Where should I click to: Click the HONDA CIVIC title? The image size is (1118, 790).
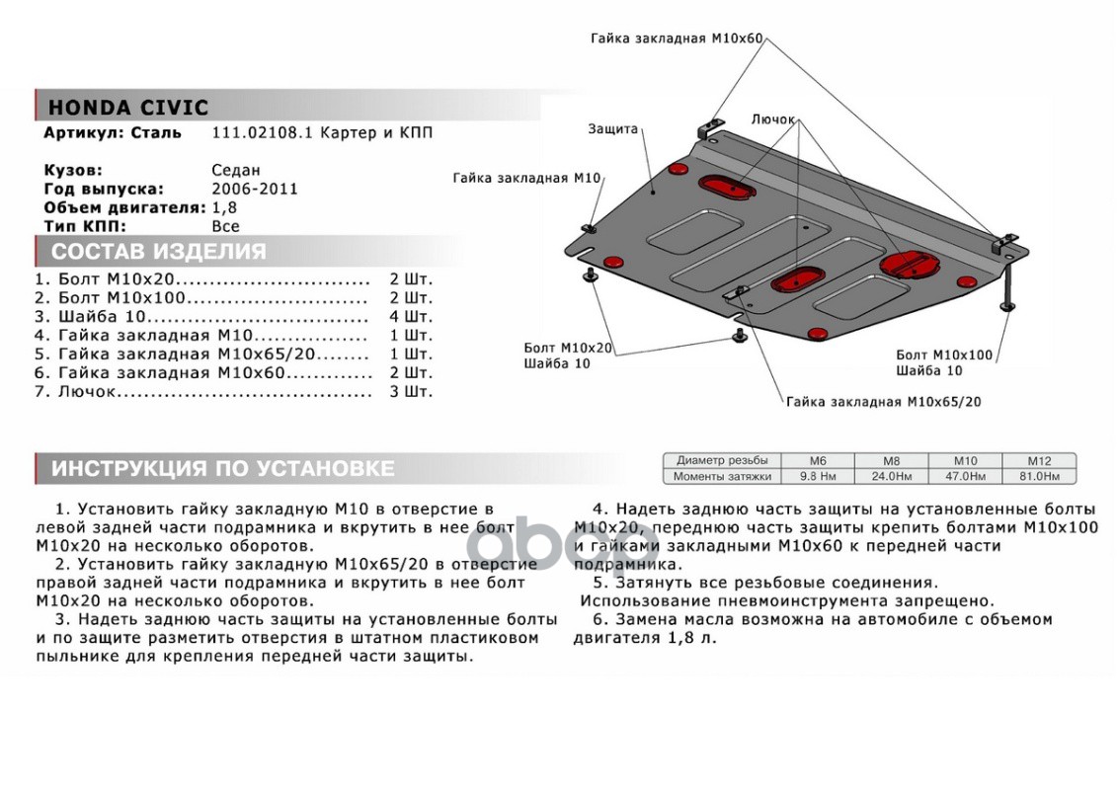point(128,108)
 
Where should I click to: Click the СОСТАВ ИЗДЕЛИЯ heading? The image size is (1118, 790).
point(158,251)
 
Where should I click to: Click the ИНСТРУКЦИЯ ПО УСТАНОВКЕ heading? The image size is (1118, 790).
point(222,468)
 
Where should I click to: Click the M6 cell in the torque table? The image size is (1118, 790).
point(818,461)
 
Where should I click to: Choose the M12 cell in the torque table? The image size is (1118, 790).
point(1039,461)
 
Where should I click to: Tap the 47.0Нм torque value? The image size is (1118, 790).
point(965,476)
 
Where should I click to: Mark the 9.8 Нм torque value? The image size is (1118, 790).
point(818,476)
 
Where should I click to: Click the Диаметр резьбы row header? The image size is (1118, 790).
point(722,461)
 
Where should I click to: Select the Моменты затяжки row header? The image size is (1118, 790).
point(722,476)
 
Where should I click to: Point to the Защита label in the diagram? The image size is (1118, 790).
point(612,129)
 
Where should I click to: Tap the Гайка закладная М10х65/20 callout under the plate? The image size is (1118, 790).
point(883,402)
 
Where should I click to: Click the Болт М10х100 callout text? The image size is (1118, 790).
point(944,355)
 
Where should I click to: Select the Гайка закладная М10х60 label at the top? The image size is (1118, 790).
point(677,39)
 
